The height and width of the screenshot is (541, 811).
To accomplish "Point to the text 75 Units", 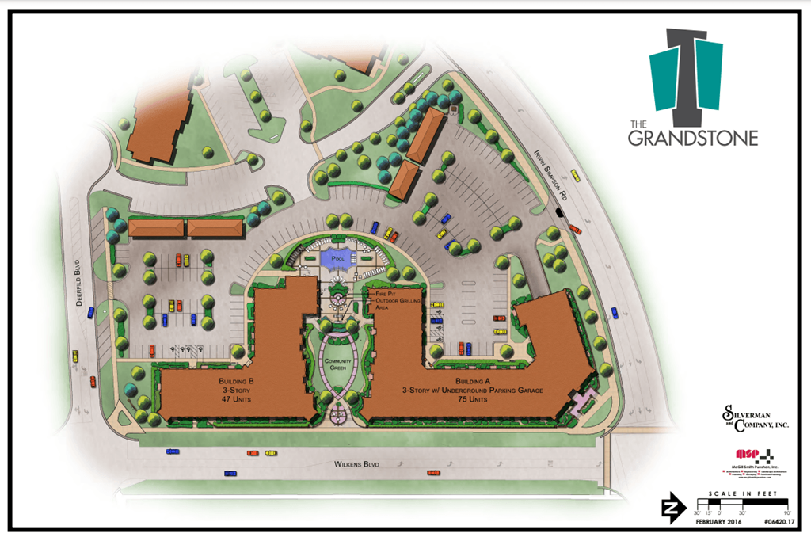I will pos(466,400).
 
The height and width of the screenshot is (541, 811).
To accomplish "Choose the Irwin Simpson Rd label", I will pos(546,173).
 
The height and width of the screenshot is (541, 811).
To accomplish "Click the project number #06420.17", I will pos(779,523).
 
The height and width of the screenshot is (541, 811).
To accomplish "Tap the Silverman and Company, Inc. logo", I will pos(755,417).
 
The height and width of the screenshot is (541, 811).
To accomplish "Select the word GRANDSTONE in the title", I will pos(693,138).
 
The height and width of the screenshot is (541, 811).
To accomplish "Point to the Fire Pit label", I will pos(384,293).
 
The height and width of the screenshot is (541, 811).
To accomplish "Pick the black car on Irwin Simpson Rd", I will pos(560,212).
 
